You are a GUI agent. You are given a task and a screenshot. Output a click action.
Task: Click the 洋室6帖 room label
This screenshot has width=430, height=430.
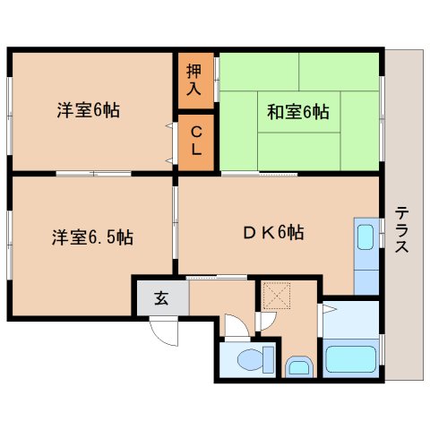tap(89, 110)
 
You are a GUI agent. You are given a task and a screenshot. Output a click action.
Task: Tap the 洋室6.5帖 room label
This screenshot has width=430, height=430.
tap(92, 237)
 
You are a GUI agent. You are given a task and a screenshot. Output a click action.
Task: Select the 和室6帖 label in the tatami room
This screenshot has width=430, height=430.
tap(298, 112)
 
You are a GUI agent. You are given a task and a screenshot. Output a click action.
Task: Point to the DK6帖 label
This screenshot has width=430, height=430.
tap(274, 233)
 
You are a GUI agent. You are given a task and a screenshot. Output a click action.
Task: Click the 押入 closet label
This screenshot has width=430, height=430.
tap(193, 80)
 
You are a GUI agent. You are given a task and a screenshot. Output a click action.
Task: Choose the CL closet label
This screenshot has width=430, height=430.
tap(196, 141)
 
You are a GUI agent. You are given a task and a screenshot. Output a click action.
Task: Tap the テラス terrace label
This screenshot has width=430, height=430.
tap(401, 229)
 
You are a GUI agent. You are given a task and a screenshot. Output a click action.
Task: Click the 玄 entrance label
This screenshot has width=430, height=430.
tap(161, 298)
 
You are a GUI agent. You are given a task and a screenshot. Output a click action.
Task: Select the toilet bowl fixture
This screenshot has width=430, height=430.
tap(256, 359)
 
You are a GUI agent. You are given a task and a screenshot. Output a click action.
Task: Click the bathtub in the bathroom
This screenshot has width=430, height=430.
tap(350, 359)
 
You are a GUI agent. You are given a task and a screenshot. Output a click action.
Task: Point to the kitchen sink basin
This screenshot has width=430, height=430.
tap(365, 237)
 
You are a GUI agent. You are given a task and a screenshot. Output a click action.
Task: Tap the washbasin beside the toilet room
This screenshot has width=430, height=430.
tap(299, 367)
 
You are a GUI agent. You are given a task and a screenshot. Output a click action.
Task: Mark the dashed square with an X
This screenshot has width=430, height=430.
tap(277, 296)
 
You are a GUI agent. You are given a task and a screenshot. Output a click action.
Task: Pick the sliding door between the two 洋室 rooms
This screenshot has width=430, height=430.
tap(93, 174)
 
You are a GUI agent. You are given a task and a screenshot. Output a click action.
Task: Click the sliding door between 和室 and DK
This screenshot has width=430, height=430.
tap(259, 173)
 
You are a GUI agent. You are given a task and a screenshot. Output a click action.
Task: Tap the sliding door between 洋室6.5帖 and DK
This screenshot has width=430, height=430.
tap(176, 222)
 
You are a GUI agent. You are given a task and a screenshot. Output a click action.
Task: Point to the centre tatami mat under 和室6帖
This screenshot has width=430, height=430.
tap(298, 112)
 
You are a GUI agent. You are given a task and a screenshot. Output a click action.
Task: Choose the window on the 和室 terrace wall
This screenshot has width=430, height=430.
tap(382, 119)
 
